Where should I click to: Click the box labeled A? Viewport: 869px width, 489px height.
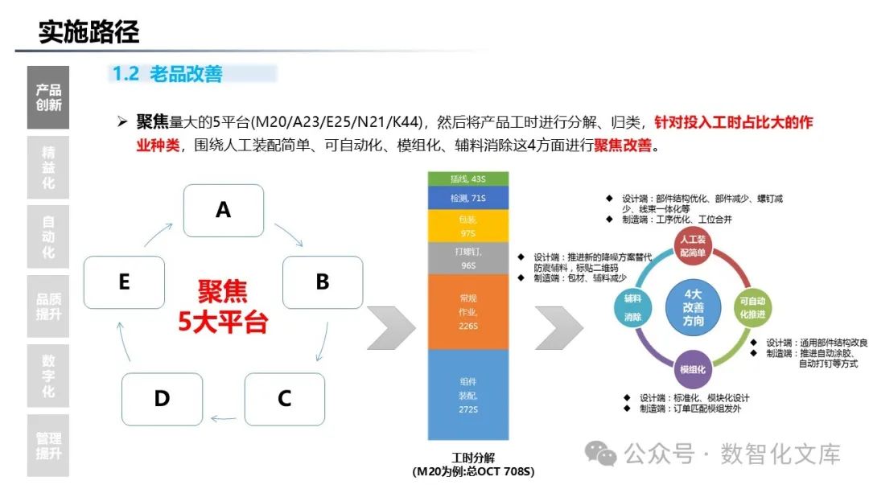click(224, 211)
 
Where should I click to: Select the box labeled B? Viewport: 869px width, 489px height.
click(322, 281)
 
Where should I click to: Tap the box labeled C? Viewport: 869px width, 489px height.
click(284, 398)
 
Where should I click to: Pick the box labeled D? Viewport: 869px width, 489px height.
click(162, 398)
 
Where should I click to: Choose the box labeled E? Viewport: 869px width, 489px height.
click(124, 281)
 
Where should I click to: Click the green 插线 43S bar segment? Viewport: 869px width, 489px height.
click(467, 178)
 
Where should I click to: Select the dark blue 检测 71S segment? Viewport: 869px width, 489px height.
click(467, 197)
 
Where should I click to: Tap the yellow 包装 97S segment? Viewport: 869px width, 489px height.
click(467, 226)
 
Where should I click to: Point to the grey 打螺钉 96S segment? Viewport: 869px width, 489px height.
click(467, 258)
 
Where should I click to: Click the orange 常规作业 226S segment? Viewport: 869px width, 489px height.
click(467, 312)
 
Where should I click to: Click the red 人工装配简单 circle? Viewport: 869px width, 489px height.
click(693, 246)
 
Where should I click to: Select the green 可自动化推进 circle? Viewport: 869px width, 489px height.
click(752, 307)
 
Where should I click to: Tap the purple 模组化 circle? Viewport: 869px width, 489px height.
click(693, 369)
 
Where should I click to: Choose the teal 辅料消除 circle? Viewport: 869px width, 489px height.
click(632, 307)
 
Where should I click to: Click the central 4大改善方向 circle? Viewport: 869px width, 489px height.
click(693, 307)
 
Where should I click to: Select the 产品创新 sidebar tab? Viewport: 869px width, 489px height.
click(48, 97)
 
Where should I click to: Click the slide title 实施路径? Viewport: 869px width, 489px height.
click(89, 32)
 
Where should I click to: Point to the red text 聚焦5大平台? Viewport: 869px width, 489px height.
click(223, 307)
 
